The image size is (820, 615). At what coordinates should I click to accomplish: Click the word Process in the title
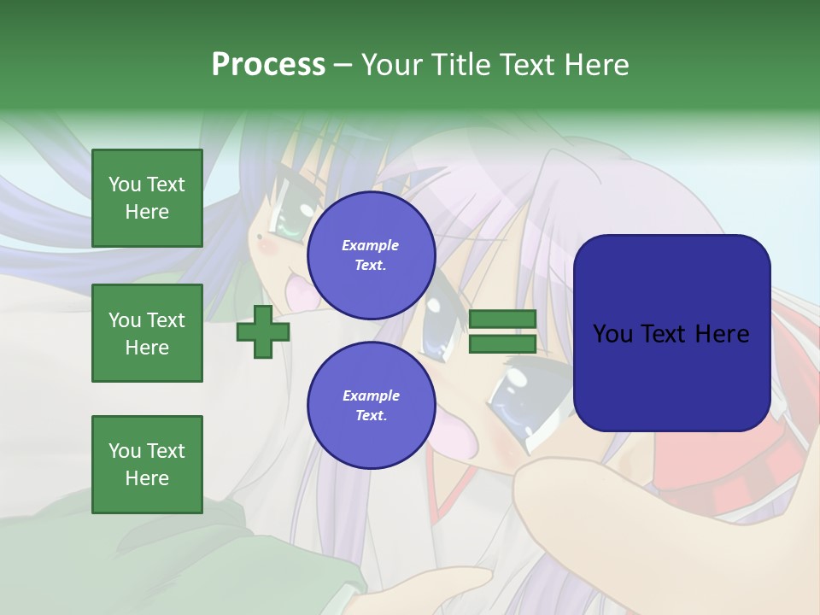pyautogui.click(x=268, y=65)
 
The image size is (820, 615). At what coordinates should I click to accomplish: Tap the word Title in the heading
pyautogui.click(x=461, y=65)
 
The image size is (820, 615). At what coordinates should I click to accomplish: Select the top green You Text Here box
pyautogui.click(x=147, y=198)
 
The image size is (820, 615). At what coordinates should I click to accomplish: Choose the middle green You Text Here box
pyautogui.click(x=147, y=333)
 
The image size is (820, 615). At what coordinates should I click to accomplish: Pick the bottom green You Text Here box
pyautogui.click(x=147, y=465)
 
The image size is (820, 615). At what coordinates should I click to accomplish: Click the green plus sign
pyautogui.click(x=263, y=331)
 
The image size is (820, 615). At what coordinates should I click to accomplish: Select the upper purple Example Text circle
pyautogui.click(x=371, y=255)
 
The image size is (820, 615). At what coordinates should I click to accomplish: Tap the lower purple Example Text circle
pyautogui.click(x=371, y=405)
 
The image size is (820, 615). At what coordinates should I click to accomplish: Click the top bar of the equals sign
pyautogui.click(x=502, y=319)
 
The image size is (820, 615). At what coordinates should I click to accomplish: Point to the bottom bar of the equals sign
pyautogui.click(x=502, y=343)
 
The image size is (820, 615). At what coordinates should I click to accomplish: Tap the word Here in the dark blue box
pyautogui.click(x=722, y=334)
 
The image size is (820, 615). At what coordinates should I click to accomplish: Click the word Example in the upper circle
pyautogui.click(x=371, y=245)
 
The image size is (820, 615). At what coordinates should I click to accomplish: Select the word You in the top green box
pyautogui.click(x=125, y=184)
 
